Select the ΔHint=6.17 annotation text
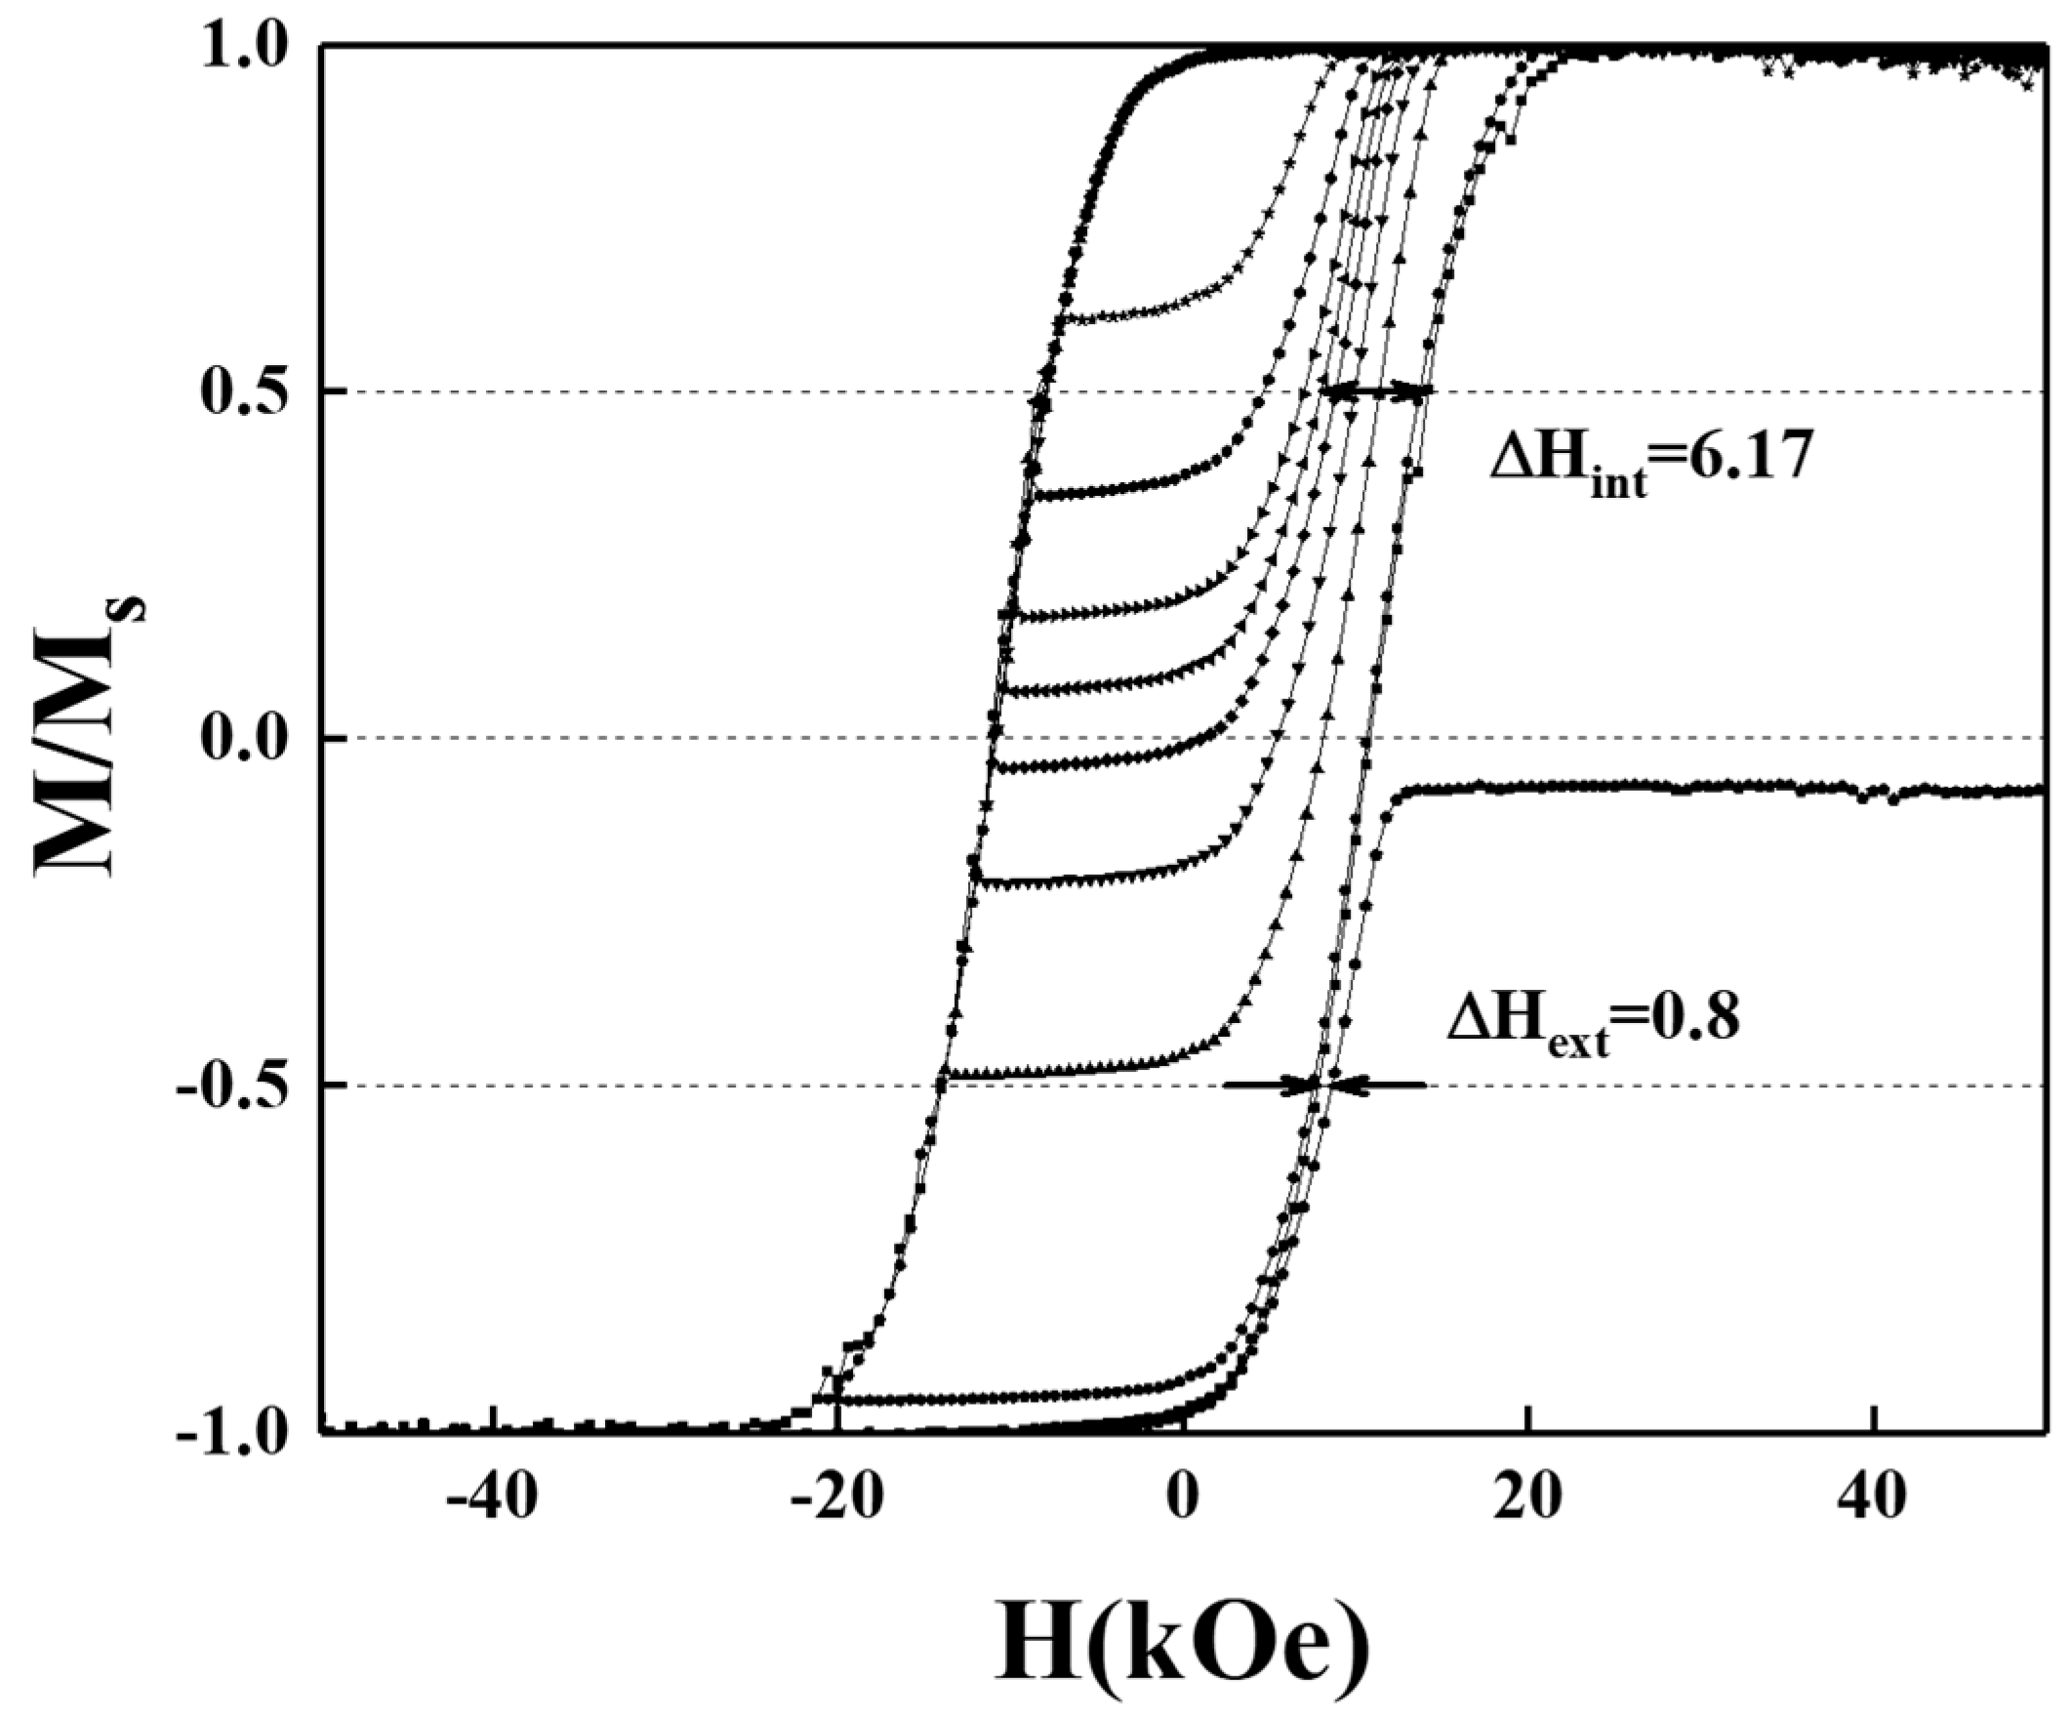click(1650, 462)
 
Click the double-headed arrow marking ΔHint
click(1376, 392)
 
